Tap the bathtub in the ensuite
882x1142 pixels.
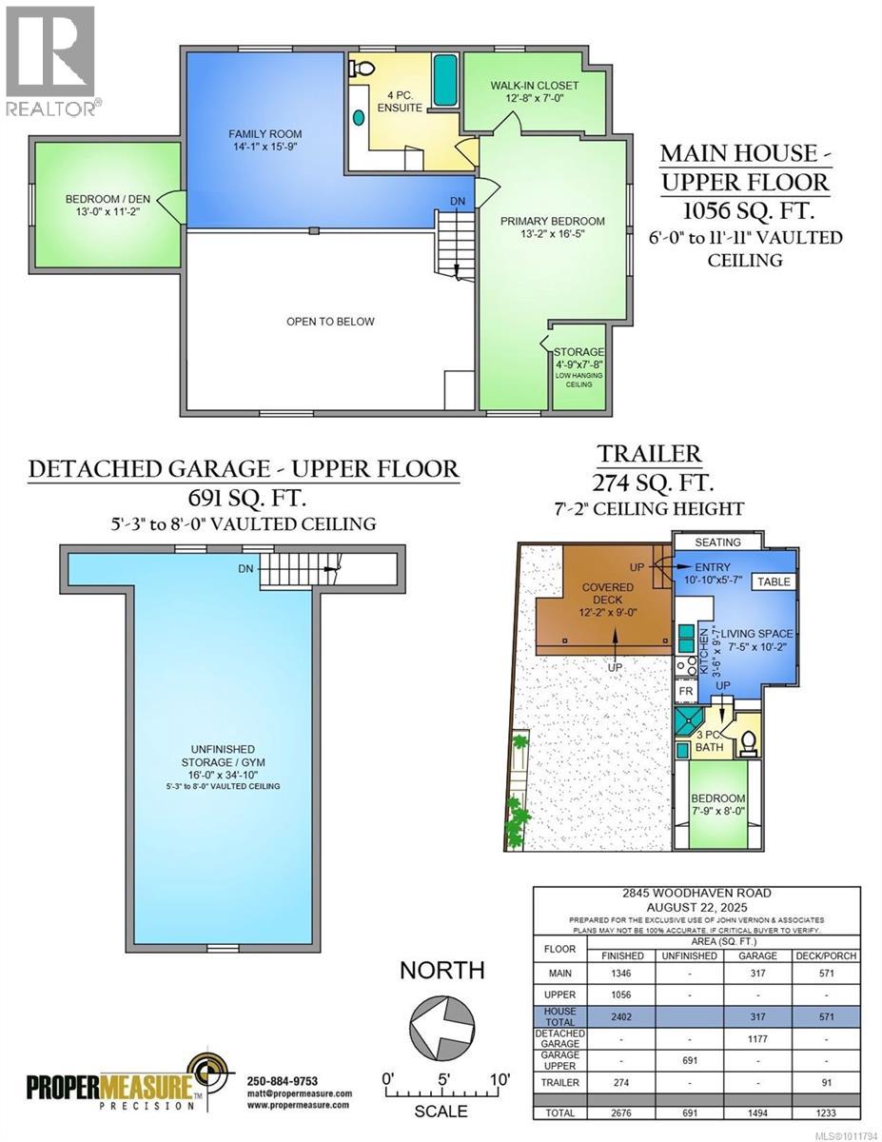coord(444,81)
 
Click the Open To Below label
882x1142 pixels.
coord(330,322)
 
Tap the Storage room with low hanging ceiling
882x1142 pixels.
coord(579,367)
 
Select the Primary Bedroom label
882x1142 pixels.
coord(552,227)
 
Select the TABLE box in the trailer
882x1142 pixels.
coord(772,581)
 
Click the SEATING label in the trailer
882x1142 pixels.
coord(717,542)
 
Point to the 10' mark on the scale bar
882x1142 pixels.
coord(499,1079)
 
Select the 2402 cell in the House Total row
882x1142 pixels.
coord(623,1016)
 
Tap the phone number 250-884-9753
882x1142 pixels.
coord(282,1081)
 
